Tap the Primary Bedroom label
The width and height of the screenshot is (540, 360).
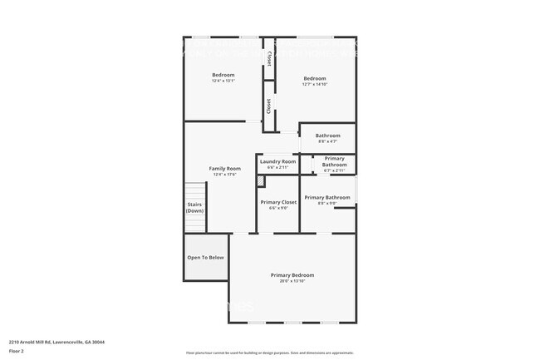point(292,274)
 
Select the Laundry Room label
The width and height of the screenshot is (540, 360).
point(277,161)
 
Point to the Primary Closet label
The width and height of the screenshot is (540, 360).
point(278,202)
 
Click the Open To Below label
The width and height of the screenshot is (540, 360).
point(205,258)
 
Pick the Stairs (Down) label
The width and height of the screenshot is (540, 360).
point(194,207)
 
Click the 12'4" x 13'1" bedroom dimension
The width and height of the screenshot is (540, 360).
point(223,81)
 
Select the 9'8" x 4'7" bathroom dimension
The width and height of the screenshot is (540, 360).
point(327,141)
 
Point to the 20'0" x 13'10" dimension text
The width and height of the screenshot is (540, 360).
point(292,281)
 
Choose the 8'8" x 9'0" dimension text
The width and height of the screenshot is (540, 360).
point(326,203)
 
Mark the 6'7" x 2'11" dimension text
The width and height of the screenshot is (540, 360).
point(335,170)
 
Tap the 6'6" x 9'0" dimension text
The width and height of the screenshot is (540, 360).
point(278,208)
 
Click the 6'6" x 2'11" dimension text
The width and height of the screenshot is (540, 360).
point(277,168)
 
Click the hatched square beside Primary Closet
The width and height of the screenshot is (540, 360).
point(260,180)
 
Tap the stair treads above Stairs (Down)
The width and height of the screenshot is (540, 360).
point(194,191)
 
